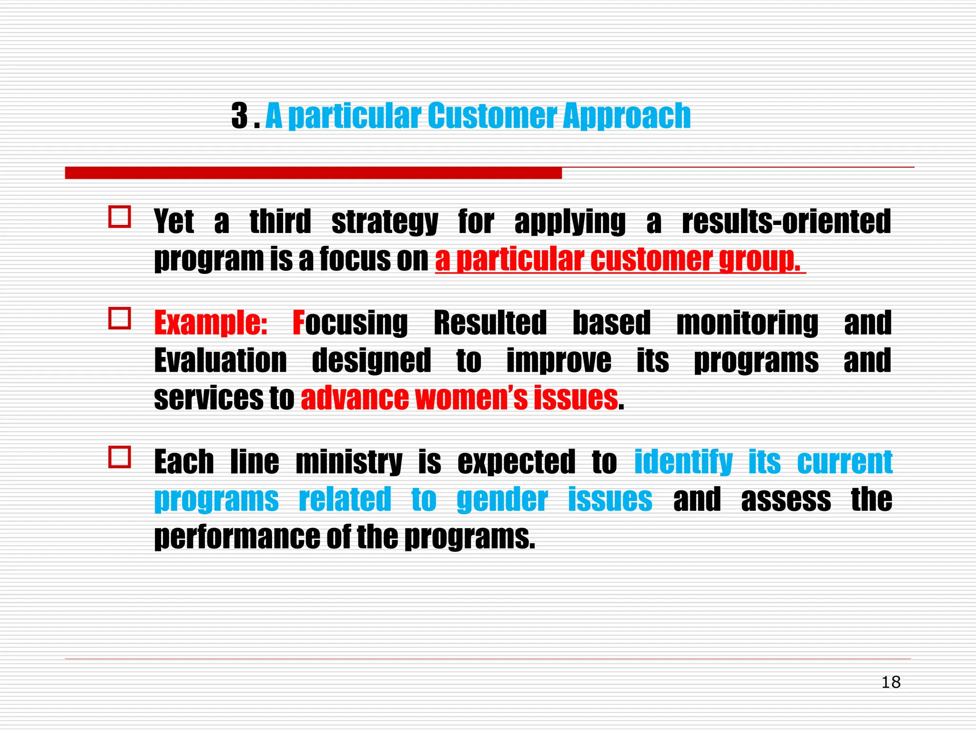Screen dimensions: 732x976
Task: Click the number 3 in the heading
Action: click(x=240, y=116)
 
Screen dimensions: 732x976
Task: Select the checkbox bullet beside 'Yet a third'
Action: click(x=120, y=217)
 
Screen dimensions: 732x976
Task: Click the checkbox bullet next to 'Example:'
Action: click(x=120, y=318)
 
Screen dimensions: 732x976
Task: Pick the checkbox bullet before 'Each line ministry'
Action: click(x=120, y=457)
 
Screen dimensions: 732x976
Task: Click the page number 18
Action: click(x=891, y=682)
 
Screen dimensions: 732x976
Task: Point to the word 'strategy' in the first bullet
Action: click(x=385, y=222)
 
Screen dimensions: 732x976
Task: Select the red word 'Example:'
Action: click(x=211, y=323)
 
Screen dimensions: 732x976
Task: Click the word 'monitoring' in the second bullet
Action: click(x=747, y=323)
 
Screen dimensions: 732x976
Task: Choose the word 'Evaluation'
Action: click(x=220, y=361)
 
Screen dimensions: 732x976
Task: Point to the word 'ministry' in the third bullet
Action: click(x=349, y=462)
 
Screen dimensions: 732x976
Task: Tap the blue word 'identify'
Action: click(x=683, y=462)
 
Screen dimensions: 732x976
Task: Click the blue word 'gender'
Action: click(x=502, y=500)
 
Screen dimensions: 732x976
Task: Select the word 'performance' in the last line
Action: click(x=237, y=538)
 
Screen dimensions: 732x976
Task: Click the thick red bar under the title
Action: click(x=313, y=173)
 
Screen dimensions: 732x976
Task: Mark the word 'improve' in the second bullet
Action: click(x=559, y=361)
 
